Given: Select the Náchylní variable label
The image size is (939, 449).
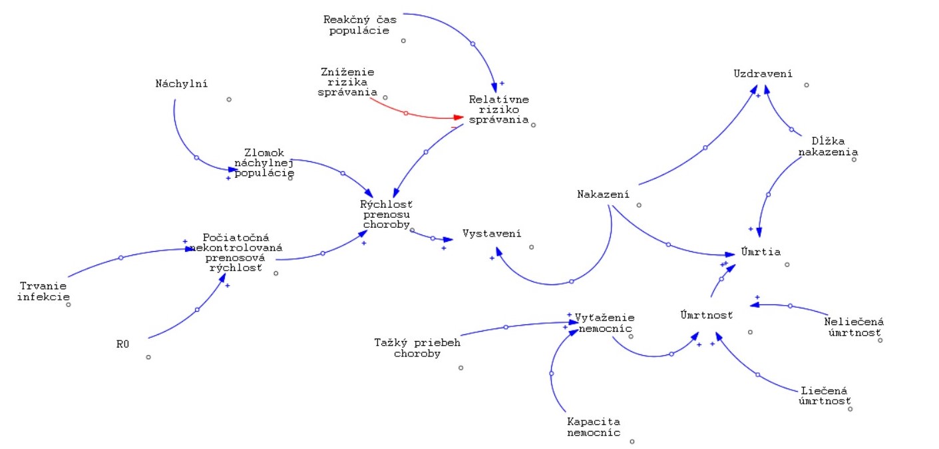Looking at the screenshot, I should [182, 84].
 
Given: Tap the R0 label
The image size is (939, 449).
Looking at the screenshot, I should [121, 344].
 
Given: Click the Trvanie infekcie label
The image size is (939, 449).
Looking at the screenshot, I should [43, 291].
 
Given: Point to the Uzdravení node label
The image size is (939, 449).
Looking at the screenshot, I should [763, 73].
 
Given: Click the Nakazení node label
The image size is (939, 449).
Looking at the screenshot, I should [603, 195].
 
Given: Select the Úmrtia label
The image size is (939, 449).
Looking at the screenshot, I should [761, 252].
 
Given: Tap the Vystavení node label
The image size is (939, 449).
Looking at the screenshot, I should [492, 234].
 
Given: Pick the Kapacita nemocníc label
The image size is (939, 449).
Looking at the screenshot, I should [594, 427].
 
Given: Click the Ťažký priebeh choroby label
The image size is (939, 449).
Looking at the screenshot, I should [417, 348].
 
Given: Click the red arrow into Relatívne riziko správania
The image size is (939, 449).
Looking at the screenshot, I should [405, 113].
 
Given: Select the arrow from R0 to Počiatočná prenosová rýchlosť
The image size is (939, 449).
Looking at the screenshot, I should [197, 309].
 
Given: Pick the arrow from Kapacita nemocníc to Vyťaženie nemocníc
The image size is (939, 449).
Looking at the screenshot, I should [552, 374].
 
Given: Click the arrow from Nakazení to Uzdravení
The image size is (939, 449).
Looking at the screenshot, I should [705, 147].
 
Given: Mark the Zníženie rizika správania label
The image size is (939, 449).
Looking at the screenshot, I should [347, 82].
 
